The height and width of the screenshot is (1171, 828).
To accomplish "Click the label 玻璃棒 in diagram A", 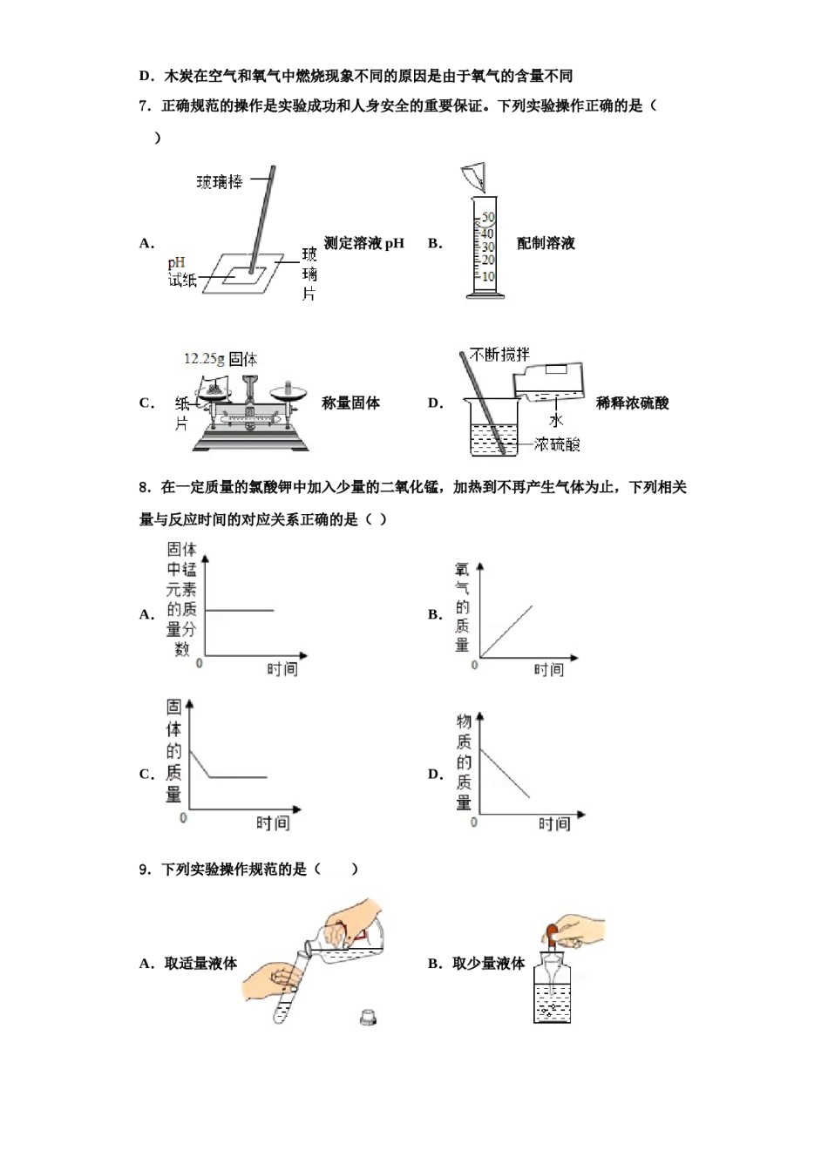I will point(219,182).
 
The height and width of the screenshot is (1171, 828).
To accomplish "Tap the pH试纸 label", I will point(181,272).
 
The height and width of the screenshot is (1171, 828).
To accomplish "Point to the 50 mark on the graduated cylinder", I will point(488,217).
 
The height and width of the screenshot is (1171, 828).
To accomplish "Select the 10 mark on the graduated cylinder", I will point(488,277).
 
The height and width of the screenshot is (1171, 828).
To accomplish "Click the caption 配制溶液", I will point(546,243).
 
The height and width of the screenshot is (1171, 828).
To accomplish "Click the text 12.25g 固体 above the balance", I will point(221,359).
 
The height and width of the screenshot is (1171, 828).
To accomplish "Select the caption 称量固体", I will point(350,403).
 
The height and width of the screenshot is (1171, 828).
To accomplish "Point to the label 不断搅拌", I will point(499,355).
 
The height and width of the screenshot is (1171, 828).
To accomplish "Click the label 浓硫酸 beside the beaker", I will point(557,444).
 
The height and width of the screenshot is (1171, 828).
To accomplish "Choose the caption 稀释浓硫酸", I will point(632,403).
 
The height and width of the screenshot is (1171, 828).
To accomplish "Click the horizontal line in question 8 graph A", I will point(240,610).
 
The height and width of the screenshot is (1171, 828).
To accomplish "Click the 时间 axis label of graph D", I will point(553,823).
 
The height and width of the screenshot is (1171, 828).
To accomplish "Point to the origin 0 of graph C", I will point(183,817).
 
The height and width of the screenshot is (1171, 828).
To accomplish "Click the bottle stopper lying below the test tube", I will point(369,1016).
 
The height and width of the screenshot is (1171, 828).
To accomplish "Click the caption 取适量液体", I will point(200,963).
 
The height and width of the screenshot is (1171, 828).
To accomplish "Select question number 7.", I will point(145,106).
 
